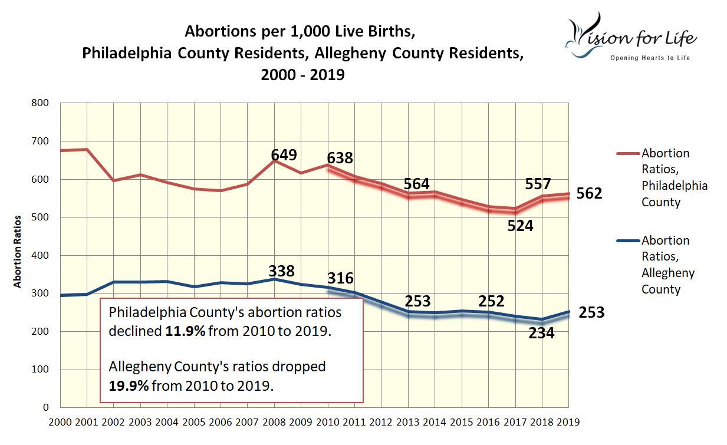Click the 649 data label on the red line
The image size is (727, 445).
[x=284, y=155]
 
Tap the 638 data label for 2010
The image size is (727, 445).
[x=340, y=158]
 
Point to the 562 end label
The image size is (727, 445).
[x=590, y=193]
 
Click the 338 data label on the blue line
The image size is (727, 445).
[x=282, y=271]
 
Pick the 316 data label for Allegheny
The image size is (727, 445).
[x=340, y=278]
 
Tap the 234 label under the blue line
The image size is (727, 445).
[x=542, y=333]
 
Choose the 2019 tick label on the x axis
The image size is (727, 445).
[x=567, y=422]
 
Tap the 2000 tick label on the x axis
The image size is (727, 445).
[x=60, y=422]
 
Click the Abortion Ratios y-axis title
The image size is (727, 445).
[x=18, y=252]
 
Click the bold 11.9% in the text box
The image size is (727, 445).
[x=185, y=331]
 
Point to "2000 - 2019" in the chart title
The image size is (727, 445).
[x=303, y=75]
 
